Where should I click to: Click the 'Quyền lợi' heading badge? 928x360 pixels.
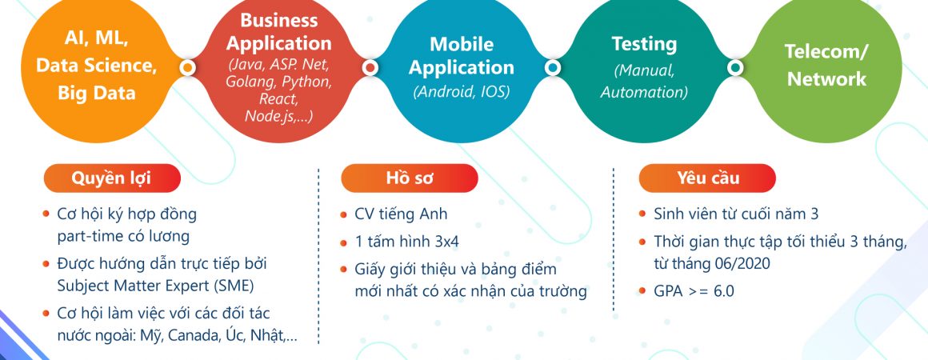[112, 178]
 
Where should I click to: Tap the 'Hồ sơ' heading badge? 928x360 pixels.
[409, 178]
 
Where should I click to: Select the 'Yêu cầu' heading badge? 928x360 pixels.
[707, 178]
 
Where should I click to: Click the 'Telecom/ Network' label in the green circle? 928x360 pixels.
[826, 65]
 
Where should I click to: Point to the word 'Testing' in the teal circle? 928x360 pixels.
[644, 44]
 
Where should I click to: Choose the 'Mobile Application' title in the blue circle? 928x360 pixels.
[462, 56]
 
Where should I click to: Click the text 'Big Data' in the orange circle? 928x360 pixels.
[97, 93]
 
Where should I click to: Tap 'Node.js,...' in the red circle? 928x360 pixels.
[278, 116]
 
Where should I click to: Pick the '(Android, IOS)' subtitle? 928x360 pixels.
[462, 92]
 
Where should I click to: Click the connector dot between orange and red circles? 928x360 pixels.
[188, 67]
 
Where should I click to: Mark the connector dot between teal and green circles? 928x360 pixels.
[735, 67]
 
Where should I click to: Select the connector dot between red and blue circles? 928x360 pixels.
[370, 67]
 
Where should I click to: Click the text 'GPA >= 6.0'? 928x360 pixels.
[694, 291]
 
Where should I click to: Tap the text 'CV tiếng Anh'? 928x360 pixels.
[401, 214]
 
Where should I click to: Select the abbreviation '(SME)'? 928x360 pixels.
[233, 286]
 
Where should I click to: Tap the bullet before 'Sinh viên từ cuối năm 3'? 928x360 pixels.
[642, 214]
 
